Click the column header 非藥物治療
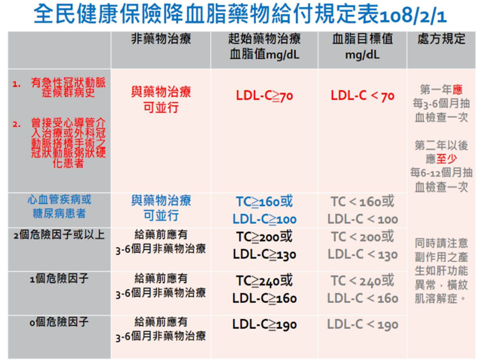click(161, 39)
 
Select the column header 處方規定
click(441, 39)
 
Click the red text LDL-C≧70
click(264, 97)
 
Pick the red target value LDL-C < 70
click(362, 97)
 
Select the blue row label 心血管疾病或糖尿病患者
click(59, 207)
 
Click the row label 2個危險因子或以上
click(59, 235)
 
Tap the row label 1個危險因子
click(59, 279)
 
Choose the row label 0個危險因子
click(59, 322)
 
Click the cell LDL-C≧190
click(264, 324)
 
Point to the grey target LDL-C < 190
click(362, 324)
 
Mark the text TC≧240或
click(264, 281)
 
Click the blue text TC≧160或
click(264, 202)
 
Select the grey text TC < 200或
click(362, 237)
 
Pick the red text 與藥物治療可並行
click(161, 99)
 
